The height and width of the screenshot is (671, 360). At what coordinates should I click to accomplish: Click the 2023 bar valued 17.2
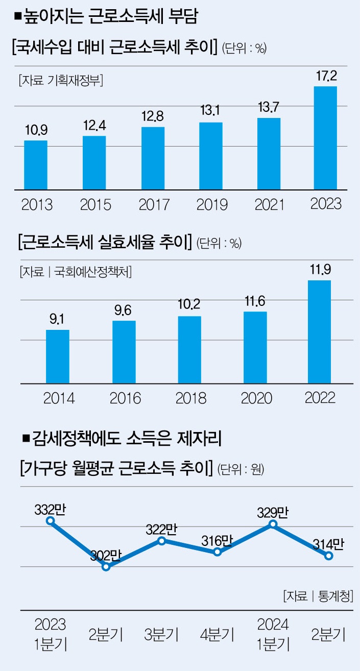(325, 138)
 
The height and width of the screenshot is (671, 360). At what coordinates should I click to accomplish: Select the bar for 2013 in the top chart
(36, 165)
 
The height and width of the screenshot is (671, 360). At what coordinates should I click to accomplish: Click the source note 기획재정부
(61, 80)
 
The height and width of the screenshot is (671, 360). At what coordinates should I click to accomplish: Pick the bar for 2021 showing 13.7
(269, 154)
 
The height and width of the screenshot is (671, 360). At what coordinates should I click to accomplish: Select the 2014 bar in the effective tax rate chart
(58, 356)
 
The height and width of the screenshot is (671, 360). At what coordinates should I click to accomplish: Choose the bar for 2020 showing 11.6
(255, 347)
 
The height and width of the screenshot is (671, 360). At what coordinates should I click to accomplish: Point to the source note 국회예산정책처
(76, 272)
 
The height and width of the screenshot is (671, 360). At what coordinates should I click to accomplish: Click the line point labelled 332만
(50, 521)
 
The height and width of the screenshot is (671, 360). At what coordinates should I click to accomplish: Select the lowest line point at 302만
(106, 567)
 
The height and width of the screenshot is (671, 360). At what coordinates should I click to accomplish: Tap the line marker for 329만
(273, 524)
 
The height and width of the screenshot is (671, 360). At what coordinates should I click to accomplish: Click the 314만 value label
(329, 544)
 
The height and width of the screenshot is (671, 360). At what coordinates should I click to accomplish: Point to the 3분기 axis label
(161, 635)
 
